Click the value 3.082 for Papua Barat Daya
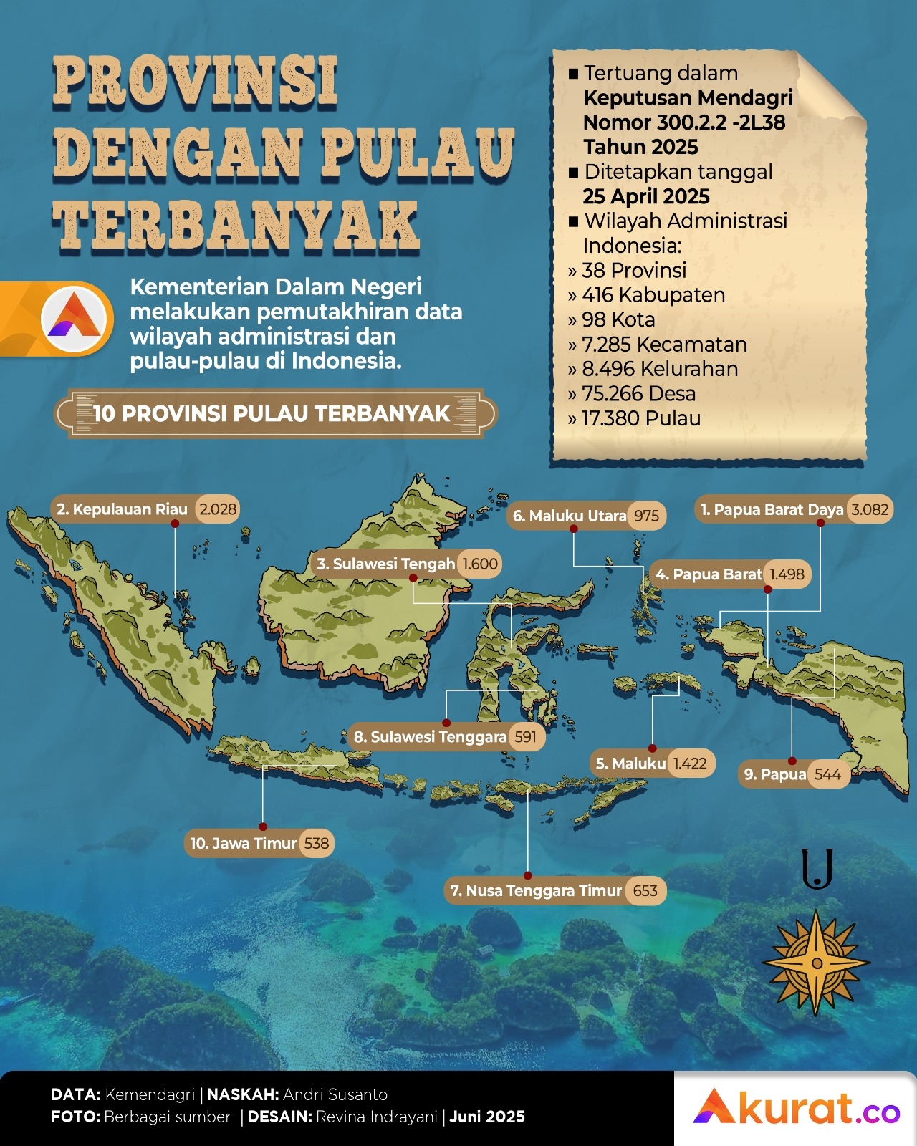tap(870, 510)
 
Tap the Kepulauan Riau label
tap(123, 509)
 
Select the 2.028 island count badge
tap(218, 509)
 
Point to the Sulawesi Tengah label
tap(386, 564)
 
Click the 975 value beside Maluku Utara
tap(646, 516)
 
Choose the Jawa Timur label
tap(244, 843)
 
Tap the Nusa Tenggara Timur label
tap(536, 890)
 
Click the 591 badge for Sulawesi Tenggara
tap(525, 736)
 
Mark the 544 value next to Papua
tap(827, 774)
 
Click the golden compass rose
tap(816, 962)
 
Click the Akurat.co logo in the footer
tap(796, 1108)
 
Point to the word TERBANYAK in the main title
tap(236, 226)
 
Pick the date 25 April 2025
tap(646, 196)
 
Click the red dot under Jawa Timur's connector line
tap(263, 827)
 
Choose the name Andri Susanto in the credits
tap(335, 1094)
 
